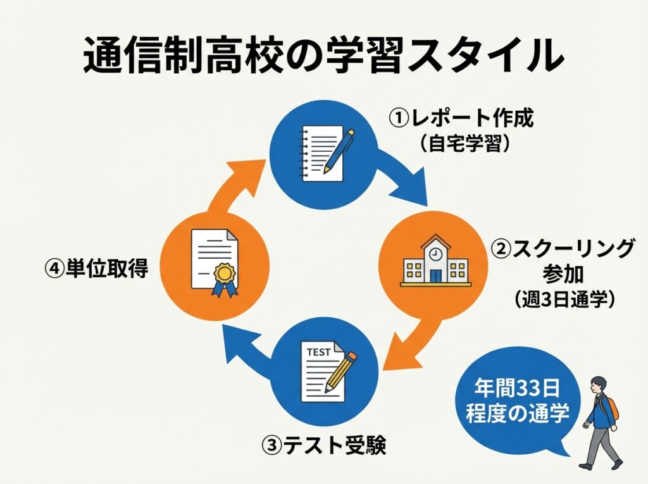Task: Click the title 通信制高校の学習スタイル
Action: coord(323,56)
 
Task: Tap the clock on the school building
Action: coord(435,252)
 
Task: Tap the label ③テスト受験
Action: coord(323,446)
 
